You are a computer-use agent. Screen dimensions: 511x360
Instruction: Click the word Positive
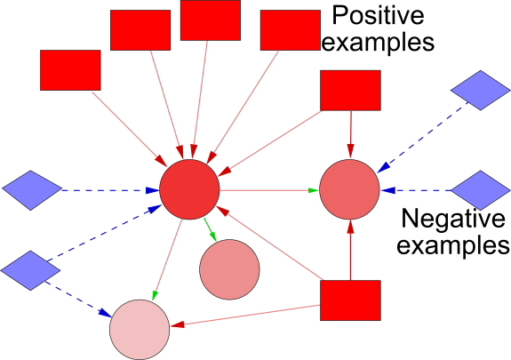click(x=378, y=15)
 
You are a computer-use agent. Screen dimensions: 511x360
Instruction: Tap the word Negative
click(x=453, y=219)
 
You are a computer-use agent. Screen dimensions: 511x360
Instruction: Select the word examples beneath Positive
click(x=378, y=42)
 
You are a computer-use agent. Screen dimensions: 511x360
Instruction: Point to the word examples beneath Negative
click(x=453, y=245)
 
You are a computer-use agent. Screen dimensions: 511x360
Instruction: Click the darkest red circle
click(x=189, y=189)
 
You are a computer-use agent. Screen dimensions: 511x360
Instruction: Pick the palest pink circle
click(x=140, y=330)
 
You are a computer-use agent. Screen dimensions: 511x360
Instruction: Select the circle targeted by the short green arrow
click(x=229, y=269)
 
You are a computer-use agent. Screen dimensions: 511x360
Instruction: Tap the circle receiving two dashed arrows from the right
click(x=349, y=189)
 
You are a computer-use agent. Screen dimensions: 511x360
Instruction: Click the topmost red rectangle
click(x=211, y=20)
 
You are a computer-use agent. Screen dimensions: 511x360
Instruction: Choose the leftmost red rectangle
click(x=70, y=70)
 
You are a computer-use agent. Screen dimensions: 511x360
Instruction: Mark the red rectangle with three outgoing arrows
click(x=350, y=300)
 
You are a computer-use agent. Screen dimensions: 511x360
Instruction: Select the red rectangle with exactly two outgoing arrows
click(x=350, y=91)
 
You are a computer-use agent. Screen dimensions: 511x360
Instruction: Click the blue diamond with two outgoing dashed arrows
click(x=30, y=270)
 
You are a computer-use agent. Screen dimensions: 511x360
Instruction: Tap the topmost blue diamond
click(x=481, y=91)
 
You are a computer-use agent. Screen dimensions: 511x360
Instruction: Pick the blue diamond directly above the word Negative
click(x=481, y=190)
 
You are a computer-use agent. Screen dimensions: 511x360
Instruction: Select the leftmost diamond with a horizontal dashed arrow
click(x=32, y=190)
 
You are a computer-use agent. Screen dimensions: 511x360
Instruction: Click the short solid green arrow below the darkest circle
click(x=210, y=230)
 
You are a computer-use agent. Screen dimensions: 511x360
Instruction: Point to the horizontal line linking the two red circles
click(x=269, y=190)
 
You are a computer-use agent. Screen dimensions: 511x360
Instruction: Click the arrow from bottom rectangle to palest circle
click(x=244, y=316)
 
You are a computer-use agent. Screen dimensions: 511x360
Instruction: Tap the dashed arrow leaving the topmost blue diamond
click(x=423, y=137)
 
